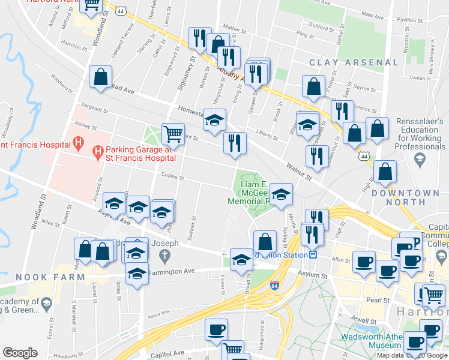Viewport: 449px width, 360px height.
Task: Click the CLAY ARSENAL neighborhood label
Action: [354, 62]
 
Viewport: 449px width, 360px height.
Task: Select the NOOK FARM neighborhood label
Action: [40, 277]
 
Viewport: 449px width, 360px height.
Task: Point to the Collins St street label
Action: [172, 177]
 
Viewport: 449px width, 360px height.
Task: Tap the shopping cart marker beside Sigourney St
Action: [173, 134]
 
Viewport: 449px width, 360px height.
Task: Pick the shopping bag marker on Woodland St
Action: [100, 77]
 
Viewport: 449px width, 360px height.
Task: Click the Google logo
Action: [20, 353]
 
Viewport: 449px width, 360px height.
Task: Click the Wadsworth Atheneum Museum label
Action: [371, 341]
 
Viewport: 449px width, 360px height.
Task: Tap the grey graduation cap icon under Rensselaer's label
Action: [419, 158]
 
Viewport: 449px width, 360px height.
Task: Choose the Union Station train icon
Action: [312, 254]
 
